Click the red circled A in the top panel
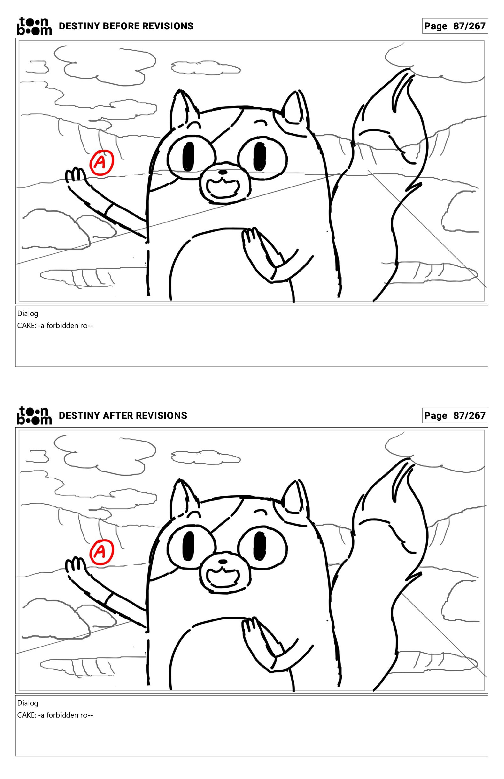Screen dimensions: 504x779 point(102,162)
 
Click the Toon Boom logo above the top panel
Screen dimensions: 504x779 point(34,26)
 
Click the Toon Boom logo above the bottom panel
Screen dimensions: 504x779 point(34,415)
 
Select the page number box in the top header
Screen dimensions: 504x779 point(455,26)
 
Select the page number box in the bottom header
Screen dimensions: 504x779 point(455,415)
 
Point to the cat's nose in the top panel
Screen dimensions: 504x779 point(222,172)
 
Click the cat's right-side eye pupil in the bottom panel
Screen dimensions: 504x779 point(260,546)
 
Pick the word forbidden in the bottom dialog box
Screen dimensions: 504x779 point(62,715)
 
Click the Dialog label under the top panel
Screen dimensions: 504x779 point(28,313)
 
